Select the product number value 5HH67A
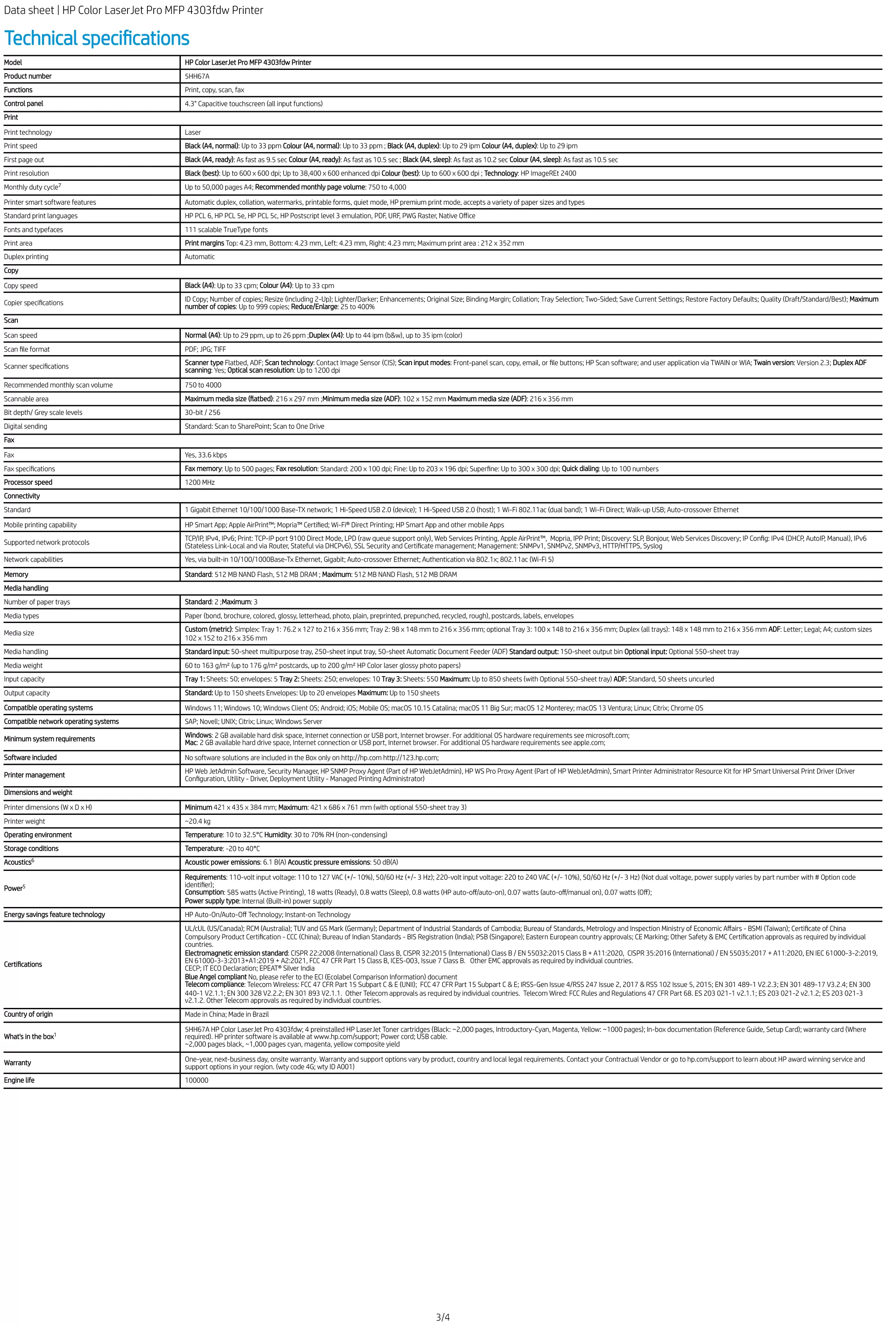(197, 76)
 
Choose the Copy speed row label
(21, 286)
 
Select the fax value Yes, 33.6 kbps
(206, 455)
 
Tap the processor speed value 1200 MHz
(200, 483)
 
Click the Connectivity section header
(22, 496)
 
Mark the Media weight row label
(23, 665)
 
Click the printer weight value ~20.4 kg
(197, 822)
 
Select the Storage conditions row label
(31, 849)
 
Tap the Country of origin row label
(28, 1014)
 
